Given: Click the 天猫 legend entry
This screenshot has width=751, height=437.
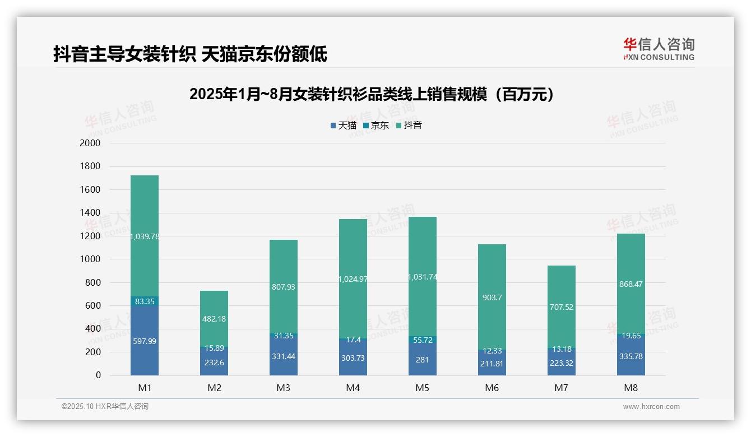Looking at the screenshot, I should pos(344,125).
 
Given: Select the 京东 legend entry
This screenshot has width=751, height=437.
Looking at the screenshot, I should pos(376,125).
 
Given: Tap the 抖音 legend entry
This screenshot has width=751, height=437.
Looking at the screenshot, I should pos(409,125).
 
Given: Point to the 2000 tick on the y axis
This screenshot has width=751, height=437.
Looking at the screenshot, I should pos(90,143).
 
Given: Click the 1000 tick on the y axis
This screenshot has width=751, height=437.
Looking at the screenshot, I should pos(90,259).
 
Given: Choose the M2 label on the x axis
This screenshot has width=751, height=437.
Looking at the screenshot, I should pos(214,388).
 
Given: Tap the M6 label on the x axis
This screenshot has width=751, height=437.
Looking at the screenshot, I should pos(492,388).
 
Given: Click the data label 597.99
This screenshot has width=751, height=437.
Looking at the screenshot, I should pos(145,341).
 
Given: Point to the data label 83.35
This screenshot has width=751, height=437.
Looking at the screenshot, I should pos(145,301).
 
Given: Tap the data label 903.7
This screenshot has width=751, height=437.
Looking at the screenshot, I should pos(492,297).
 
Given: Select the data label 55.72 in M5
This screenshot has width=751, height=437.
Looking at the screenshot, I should pos(423,340).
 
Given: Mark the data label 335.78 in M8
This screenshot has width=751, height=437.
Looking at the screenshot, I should pos(631,356).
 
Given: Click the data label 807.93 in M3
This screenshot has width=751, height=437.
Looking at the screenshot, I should pos(284,287).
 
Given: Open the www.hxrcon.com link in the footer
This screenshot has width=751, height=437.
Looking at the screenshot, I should pos(651,407).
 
